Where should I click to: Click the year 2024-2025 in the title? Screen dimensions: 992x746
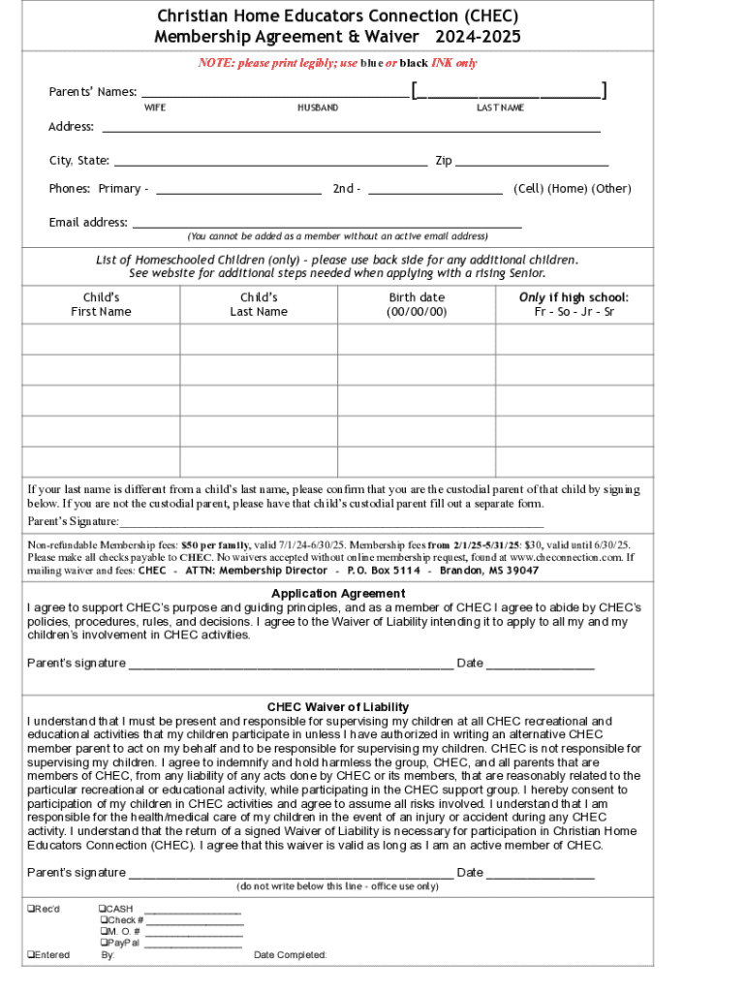(478, 37)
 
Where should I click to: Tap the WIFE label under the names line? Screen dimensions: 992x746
(155, 108)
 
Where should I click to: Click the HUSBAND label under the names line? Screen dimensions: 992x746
(318, 108)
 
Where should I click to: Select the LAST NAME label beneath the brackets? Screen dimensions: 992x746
(500, 108)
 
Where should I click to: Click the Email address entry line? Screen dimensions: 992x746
(326, 225)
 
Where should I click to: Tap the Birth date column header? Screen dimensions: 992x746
(417, 304)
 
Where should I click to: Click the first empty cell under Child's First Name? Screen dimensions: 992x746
(101, 339)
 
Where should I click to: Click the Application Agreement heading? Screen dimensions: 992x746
(338, 593)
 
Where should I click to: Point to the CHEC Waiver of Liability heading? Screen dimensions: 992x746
(338, 707)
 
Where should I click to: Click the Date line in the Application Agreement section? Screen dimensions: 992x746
(540, 666)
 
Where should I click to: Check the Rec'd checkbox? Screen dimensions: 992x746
(32, 909)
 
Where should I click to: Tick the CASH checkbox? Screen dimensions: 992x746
(104, 909)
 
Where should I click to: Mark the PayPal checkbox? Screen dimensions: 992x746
(104, 943)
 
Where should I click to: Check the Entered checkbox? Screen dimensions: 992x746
(32, 955)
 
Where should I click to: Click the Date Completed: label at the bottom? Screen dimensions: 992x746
(290, 955)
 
